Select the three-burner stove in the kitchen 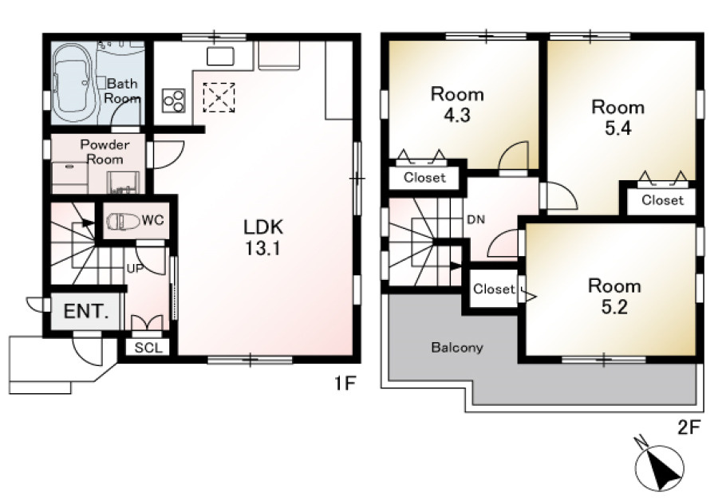click(174, 100)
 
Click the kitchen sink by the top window click(220, 57)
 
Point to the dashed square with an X click(219, 97)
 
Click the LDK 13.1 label click(263, 238)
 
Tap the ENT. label click(86, 311)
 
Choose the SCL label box click(148, 348)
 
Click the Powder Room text click(105, 152)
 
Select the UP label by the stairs click(135, 268)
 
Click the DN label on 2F click(476, 219)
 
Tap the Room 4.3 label click(457, 104)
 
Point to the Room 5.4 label click(618, 117)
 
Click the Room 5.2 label click(614, 296)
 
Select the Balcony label click(457, 348)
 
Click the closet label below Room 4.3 click(424, 177)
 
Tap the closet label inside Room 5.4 click(662, 200)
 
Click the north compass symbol click(659, 466)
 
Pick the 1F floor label click(345, 383)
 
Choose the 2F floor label click(689, 427)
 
